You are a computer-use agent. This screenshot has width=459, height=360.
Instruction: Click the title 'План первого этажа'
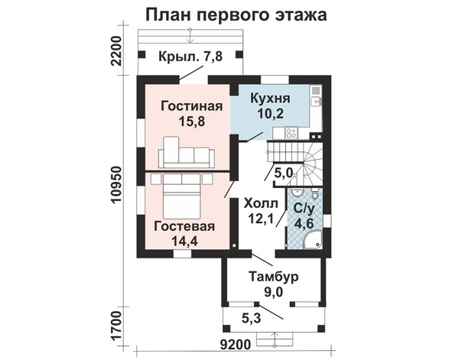coord(236,15)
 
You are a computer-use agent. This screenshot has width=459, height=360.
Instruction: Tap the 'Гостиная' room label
coord(192,106)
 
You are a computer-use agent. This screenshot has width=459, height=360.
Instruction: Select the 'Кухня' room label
coord(270,99)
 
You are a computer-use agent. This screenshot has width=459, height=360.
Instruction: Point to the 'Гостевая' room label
coord(184,226)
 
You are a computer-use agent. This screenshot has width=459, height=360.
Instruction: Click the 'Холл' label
coord(261,203)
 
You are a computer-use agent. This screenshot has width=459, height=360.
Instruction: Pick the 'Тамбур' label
coord(273,277)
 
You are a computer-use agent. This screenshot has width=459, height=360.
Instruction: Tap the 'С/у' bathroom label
coord(304,209)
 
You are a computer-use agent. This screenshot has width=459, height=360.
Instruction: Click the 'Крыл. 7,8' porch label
coord(190,57)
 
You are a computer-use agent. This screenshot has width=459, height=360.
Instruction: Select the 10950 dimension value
coord(116,184)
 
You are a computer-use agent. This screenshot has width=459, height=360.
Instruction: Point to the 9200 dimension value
coord(235,345)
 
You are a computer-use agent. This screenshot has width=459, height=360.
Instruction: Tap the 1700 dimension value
coord(116,325)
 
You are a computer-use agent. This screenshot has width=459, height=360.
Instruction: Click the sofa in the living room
coord(187,153)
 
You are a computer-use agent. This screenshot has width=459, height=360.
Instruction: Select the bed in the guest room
coord(182,196)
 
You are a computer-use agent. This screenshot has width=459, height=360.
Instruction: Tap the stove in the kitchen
coord(291,133)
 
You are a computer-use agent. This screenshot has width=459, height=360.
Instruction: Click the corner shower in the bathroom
coord(314,240)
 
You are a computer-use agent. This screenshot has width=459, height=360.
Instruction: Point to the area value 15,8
coord(192,122)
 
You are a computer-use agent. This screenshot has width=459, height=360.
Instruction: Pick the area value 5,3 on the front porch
coord(252,319)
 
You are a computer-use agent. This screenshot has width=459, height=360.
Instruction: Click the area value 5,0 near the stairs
coord(283,174)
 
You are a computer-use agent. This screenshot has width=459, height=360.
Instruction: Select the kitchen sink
coord(316,102)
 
